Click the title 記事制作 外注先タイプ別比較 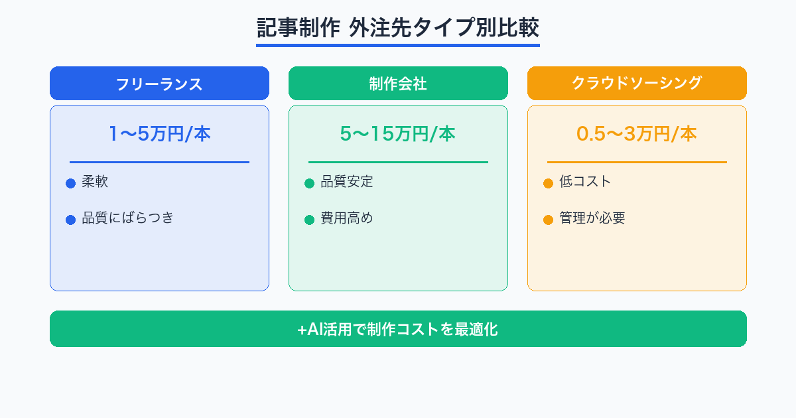[x=398, y=29]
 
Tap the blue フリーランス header [x=159, y=84]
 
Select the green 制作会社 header [x=398, y=84]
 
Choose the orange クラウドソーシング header [x=637, y=84]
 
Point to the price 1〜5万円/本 [x=159, y=134]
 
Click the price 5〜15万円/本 [x=398, y=134]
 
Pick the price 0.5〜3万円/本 [x=637, y=134]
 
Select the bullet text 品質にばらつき [x=127, y=218]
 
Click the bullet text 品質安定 [x=347, y=182]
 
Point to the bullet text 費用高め [x=347, y=218]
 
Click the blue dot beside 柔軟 [x=70, y=184]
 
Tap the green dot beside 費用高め [x=309, y=220]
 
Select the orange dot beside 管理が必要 [x=548, y=220]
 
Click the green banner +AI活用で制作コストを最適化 [x=398, y=329]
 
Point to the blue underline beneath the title [x=398, y=45]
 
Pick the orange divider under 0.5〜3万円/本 [x=637, y=162]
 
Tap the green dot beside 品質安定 [x=309, y=184]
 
